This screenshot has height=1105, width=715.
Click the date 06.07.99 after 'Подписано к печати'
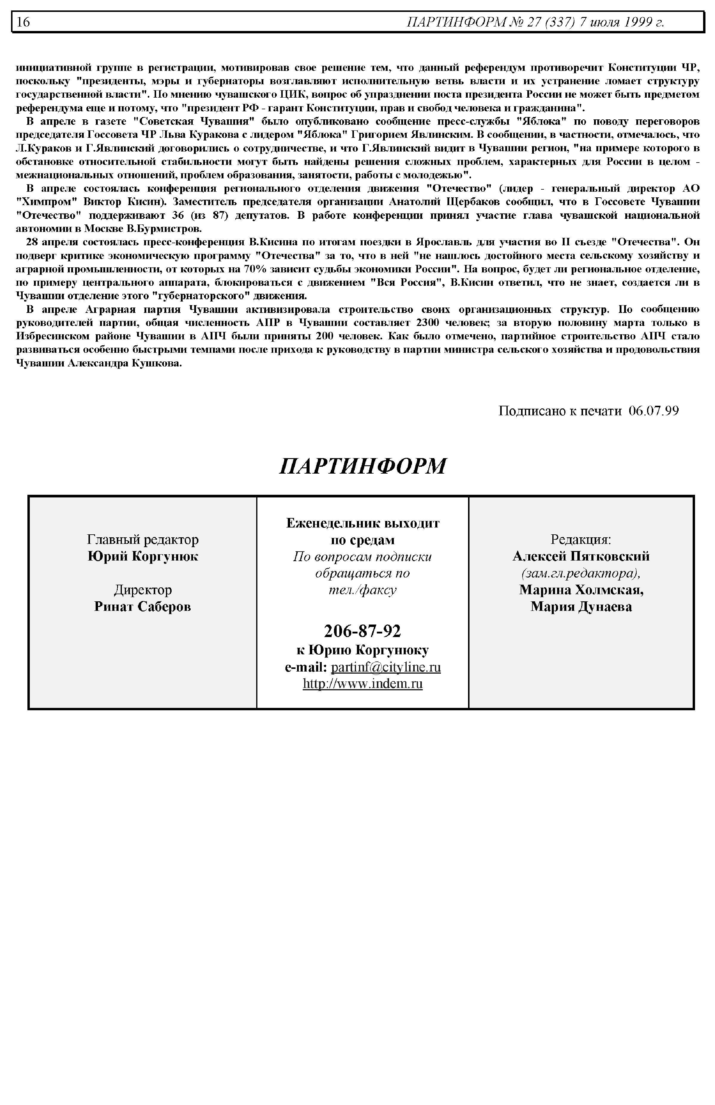(x=653, y=411)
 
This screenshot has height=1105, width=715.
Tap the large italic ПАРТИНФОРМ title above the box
(x=363, y=466)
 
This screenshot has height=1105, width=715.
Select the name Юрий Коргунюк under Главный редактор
(x=142, y=556)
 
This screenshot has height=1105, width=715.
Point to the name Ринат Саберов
(x=142, y=606)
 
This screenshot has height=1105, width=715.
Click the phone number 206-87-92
(x=362, y=631)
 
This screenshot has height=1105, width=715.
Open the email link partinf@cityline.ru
(x=386, y=667)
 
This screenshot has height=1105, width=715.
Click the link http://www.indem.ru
(x=363, y=684)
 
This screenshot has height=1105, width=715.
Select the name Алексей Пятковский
(x=581, y=556)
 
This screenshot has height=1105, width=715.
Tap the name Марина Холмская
(x=581, y=590)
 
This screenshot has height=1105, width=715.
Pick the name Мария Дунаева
(x=581, y=606)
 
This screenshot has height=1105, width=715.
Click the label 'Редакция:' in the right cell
(x=581, y=539)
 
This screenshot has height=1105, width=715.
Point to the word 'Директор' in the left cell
(x=142, y=590)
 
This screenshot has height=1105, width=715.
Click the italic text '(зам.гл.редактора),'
(x=581, y=573)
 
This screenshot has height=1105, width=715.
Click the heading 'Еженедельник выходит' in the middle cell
(x=363, y=523)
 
